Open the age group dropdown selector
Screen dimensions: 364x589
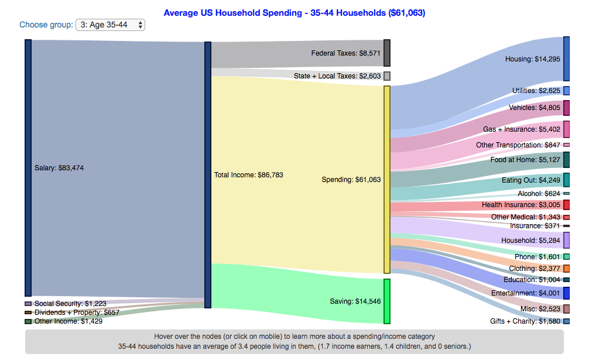point(110,25)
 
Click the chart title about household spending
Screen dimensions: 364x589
point(294,12)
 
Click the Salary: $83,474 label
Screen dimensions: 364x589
point(59,168)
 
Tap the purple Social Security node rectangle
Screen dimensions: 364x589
point(28,304)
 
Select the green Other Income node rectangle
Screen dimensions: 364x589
point(28,321)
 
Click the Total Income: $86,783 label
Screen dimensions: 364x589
point(249,175)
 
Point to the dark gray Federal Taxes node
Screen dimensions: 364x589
point(386,53)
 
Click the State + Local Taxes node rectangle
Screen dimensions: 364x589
point(386,76)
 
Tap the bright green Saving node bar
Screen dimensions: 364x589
point(386,301)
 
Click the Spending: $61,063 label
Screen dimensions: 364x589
point(351,180)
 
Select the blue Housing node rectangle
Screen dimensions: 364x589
point(566,59)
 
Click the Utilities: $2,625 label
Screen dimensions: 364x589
point(536,91)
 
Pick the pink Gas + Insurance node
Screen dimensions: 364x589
point(566,129)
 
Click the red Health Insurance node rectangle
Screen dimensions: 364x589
point(566,205)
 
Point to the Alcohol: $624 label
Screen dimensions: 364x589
point(539,194)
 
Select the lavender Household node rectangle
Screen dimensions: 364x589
point(566,240)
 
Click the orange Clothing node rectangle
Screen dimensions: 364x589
point(566,269)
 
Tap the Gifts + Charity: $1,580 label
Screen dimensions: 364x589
point(525,321)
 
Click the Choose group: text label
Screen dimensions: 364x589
point(46,25)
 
